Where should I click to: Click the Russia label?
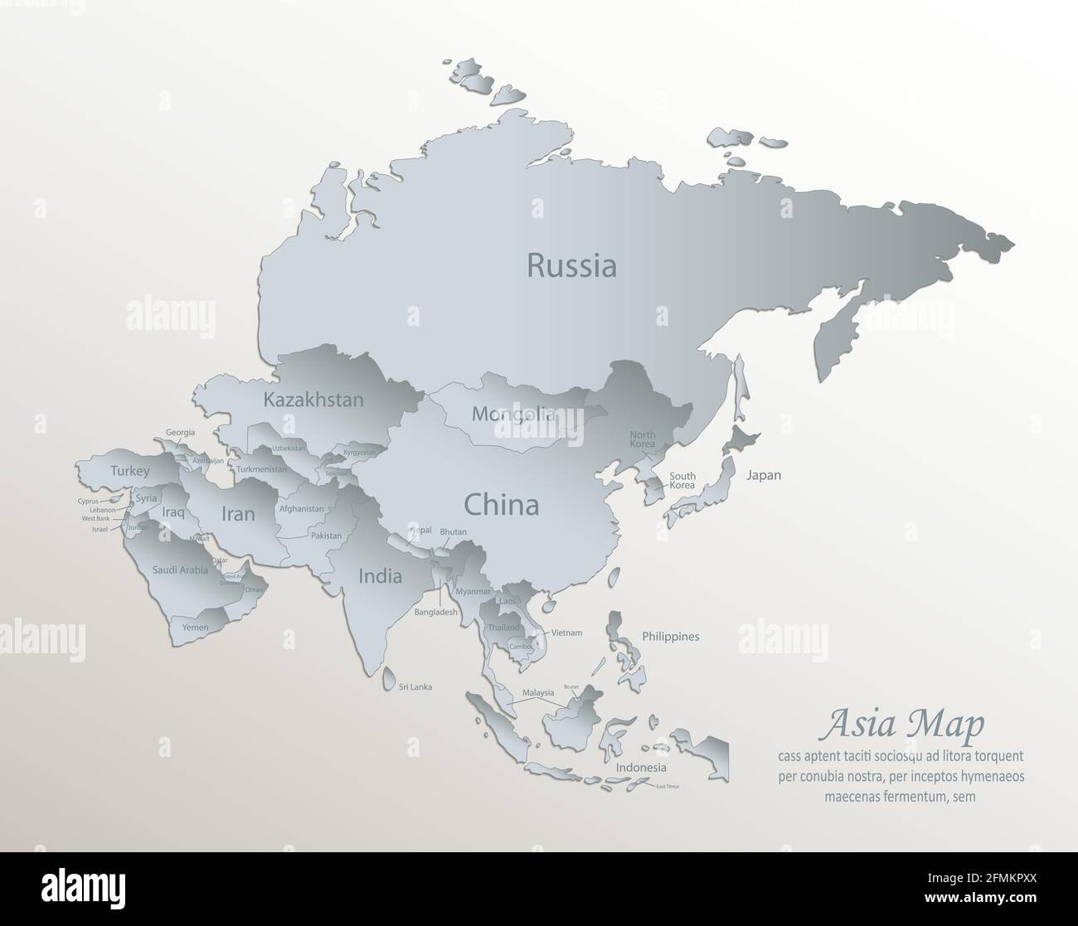click(x=571, y=266)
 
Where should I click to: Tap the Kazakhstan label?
click(x=313, y=400)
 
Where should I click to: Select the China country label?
click(x=501, y=504)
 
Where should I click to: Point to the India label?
click(x=380, y=575)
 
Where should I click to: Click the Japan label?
click(x=763, y=475)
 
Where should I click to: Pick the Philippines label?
click(x=670, y=637)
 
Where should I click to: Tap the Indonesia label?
click(x=641, y=768)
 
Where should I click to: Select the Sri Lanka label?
click(x=415, y=686)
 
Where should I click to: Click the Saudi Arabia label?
click(x=180, y=570)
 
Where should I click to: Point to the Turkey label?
click(x=130, y=471)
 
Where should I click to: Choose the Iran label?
click(x=237, y=514)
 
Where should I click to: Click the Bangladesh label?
click(x=436, y=612)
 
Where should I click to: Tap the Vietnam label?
click(x=566, y=633)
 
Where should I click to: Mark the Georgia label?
click(x=181, y=432)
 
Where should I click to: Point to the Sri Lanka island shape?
click(x=389, y=681)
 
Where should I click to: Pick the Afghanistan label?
click(x=302, y=509)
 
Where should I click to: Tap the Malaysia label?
click(x=538, y=692)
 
